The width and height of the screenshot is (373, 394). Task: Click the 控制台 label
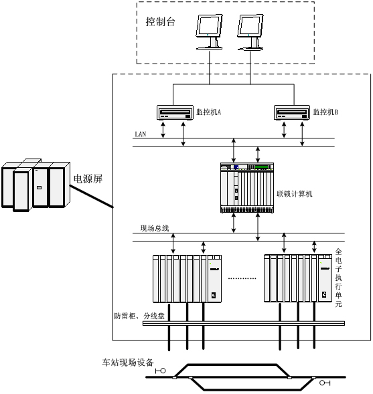160,21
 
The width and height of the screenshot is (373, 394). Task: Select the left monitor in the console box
209,32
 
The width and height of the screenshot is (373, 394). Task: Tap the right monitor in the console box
250,32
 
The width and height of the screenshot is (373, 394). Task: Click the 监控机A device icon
175,112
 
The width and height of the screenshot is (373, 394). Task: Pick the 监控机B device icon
292,112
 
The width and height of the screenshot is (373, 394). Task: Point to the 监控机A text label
208,112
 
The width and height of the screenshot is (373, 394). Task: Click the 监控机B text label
325,112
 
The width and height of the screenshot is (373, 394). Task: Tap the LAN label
141,134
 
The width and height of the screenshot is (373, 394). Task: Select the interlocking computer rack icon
247,188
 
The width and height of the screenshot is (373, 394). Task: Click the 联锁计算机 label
295,194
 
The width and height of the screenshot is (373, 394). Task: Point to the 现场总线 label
155,228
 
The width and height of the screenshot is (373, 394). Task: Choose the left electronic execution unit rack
188,279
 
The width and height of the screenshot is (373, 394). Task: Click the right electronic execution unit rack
298,278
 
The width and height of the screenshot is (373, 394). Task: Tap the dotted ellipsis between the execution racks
242,278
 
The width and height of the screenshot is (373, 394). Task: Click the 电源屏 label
88,179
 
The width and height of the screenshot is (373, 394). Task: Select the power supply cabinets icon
35,185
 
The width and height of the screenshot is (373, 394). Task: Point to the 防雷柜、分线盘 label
139,316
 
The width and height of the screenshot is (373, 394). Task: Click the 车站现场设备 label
128,363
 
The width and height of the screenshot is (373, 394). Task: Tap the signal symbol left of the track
161,371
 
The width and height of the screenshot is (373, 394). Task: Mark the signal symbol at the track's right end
325,383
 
